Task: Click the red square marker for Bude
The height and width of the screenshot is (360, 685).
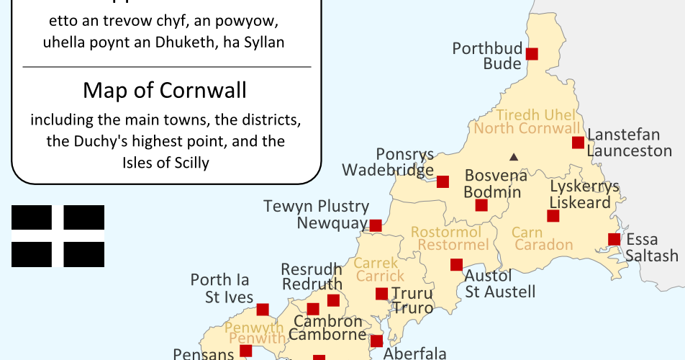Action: point(532,53)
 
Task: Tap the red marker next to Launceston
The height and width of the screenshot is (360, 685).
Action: point(578,143)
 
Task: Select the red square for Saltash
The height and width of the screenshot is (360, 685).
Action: point(614,239)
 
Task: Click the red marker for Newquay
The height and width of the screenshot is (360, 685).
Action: point(376,225)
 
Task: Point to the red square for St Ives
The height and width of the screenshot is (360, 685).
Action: point(263,310)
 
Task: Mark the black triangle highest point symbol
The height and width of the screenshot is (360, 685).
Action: point(514,156)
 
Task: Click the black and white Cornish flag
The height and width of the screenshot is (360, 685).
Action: point(58,236)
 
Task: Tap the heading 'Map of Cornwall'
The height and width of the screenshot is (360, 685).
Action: point(165,91)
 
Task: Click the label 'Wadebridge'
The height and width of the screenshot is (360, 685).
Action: point(388,170)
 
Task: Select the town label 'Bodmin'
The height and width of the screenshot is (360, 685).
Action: point(492,192)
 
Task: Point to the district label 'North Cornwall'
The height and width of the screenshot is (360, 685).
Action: point(527,130)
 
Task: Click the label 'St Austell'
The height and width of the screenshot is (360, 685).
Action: point(500,292)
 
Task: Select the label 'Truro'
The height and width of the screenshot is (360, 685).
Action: point(412,308)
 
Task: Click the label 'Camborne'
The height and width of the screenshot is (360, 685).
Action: point(327,334)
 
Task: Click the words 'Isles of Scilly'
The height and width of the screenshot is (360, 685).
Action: point(165,163)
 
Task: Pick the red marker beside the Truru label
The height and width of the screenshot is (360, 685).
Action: point(382,294)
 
